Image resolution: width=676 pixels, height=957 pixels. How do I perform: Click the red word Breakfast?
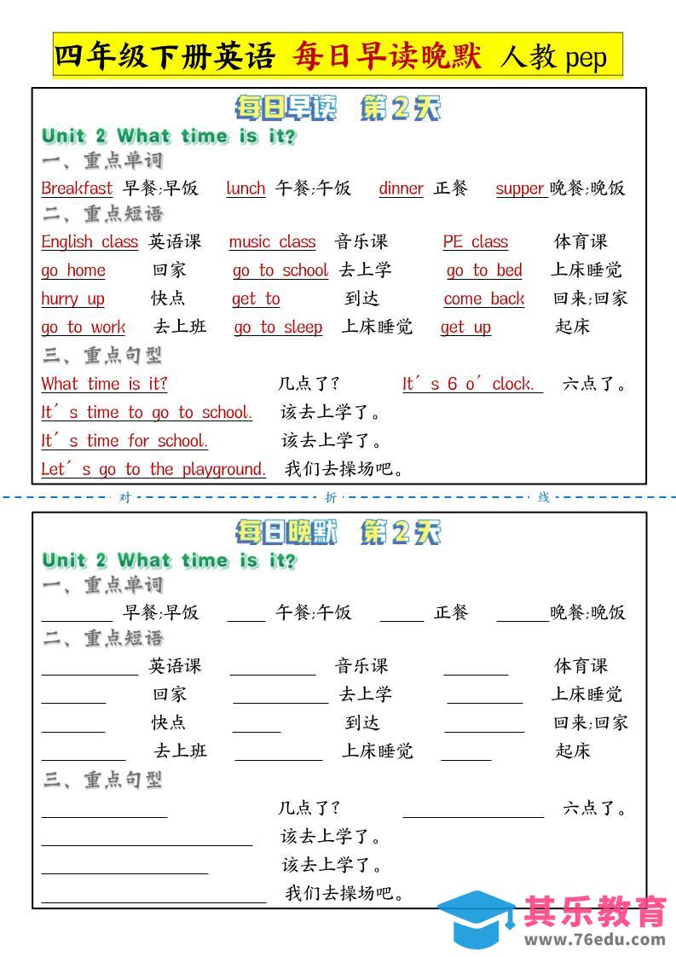[77, 188]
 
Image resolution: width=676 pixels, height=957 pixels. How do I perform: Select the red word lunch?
[246, 188]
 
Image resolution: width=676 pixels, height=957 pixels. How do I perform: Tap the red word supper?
[520, 188]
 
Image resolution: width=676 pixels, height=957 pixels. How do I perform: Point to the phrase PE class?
[475, 242]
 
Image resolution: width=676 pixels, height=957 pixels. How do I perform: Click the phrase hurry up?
[72, 299]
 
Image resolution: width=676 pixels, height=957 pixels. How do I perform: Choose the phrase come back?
[484, 299]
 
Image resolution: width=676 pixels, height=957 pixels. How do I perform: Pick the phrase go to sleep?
[278, 328]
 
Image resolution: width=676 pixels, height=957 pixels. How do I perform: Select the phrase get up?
[465, 328]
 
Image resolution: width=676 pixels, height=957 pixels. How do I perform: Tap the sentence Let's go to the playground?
[153, 469]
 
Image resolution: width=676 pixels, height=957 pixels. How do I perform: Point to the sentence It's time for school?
[124, 441]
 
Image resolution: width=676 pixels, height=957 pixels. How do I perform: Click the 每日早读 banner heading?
[286, 108]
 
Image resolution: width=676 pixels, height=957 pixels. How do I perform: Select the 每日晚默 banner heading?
[286, 533]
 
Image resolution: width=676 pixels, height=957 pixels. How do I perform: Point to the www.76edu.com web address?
[595, 940]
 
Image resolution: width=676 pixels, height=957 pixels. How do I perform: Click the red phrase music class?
[272, 242]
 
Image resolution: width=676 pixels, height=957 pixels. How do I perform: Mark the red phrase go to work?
[83, 328]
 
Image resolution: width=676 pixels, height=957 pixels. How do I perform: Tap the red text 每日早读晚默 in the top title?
[388, 56]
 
